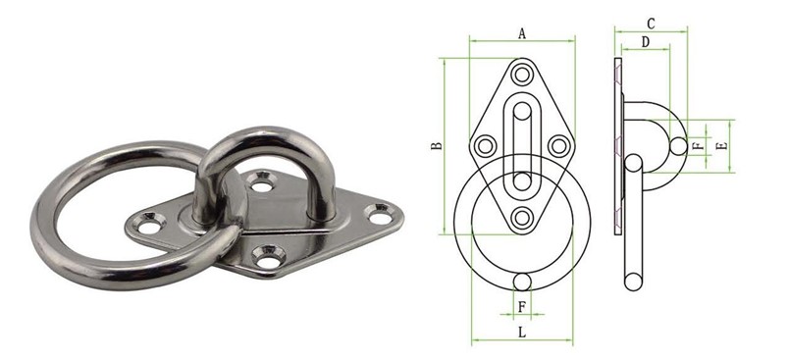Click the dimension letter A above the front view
pos(522,33)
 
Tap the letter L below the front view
pos(521,333)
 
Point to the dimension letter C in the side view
pos(651,23)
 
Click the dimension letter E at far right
pos(722,145)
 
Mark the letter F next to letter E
pos(697,145)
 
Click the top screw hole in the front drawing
pos(522,75)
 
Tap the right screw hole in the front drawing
pos(559,146)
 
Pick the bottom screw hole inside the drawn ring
pos(522,218)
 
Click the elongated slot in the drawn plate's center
pos(522,137)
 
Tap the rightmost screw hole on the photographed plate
pos(377,211)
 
